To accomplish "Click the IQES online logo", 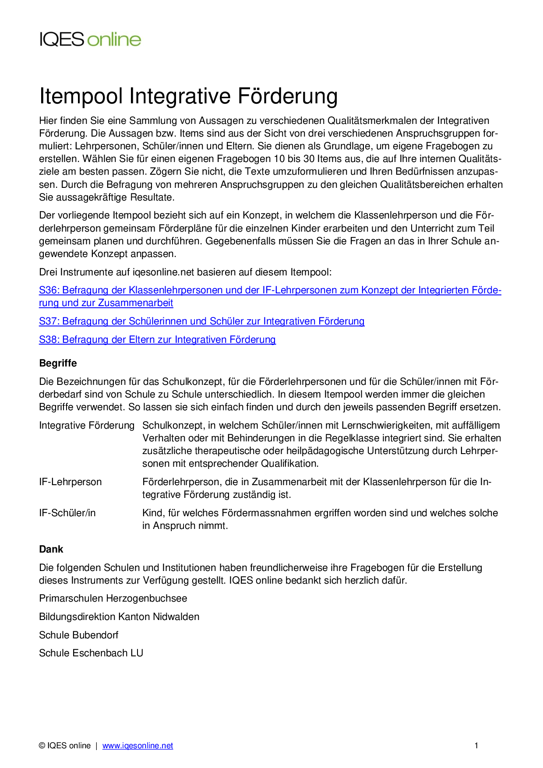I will pos(90,39).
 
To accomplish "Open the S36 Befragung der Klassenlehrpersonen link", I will pos(270,290).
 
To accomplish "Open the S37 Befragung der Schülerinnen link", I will pos(201,321).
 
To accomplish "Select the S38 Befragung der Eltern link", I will pos(157,340).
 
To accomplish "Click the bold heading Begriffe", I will pos(58,363).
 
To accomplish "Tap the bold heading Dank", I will pos(51,550).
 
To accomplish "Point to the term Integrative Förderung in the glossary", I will pos(87,426).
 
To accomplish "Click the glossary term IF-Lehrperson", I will pos(70,482).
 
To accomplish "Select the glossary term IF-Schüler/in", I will pos(67,513).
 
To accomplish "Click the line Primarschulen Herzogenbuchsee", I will pos(113,599).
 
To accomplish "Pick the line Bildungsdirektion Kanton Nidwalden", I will pos(119,617).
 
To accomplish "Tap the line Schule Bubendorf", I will pos(79,635).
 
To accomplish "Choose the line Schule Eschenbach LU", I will pos(91,653).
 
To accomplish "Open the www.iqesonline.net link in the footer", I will pos(138,746).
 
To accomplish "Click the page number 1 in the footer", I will pos(476,746).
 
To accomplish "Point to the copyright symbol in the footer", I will pos(42,746).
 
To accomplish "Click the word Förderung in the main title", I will pos(287,96).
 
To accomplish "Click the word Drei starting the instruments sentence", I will pos(48,272).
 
